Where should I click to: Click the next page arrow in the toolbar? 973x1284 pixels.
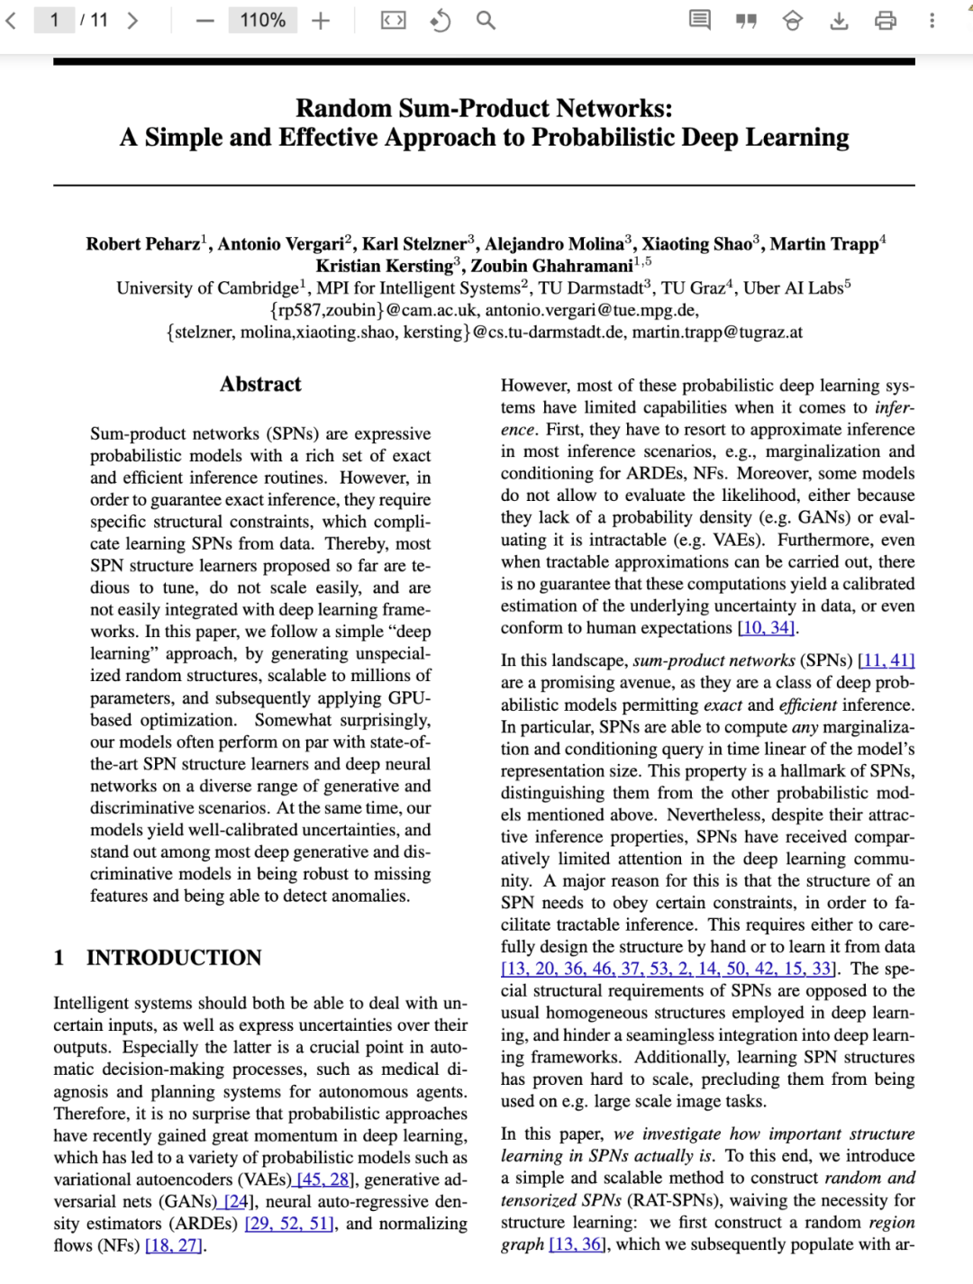pos(132,20)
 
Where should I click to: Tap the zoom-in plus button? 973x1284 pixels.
pos(321,20)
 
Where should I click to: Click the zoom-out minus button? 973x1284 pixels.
pos(205,20)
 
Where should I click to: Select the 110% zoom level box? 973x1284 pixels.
pos(262,20)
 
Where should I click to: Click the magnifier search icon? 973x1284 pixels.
pos(486,20)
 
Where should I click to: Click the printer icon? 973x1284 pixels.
pos(886,20)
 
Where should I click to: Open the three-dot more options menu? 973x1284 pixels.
pos(932,20)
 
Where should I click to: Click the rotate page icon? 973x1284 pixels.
pos(440,20)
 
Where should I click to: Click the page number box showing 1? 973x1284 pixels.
pos(54,20)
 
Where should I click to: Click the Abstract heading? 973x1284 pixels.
pos(260,385)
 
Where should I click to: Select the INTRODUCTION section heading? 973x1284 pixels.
pos(174,958)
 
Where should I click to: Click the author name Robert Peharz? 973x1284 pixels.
pos(143,244)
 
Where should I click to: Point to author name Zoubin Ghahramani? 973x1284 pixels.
pos(551,266)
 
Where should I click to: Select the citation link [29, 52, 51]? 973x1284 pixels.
pos(289,1224)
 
